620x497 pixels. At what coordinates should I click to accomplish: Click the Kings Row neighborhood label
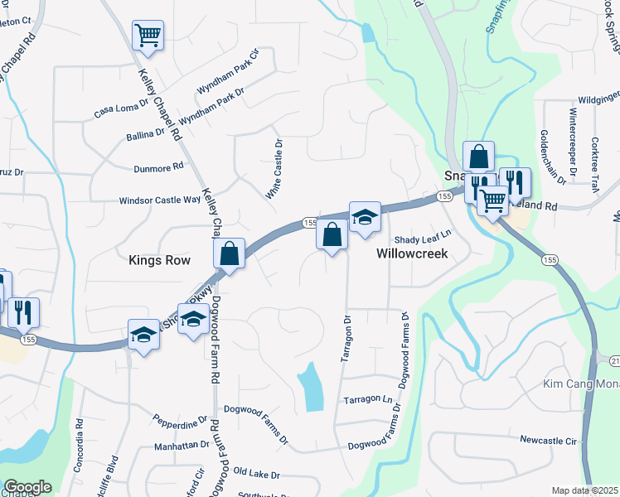[x=159, y=260]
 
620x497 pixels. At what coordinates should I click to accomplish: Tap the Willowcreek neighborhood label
[x=412, y=253]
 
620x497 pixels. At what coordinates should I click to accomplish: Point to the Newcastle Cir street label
[x=548, y=440]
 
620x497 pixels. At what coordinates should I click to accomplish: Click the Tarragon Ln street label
[x=367, y=399]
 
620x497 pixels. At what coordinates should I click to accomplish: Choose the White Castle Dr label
[x=274, y=169]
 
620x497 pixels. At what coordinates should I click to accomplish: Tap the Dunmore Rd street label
[x=157, y=167]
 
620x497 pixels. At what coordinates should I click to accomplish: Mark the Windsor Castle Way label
[x=160, y=200]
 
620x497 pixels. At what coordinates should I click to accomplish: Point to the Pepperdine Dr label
[x=179, y=423]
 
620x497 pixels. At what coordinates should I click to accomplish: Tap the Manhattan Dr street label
[x=182, y=445]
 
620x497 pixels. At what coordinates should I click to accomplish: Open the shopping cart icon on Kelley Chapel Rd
[x=148, y=35]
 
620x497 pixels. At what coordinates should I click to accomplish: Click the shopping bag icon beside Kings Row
[x=230, y=253]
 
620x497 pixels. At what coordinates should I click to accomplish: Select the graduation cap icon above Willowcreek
[x=365, y=217]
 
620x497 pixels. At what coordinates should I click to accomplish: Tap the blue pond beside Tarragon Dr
[x=311, y=387]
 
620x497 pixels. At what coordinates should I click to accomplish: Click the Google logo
[x=27, y=487]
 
